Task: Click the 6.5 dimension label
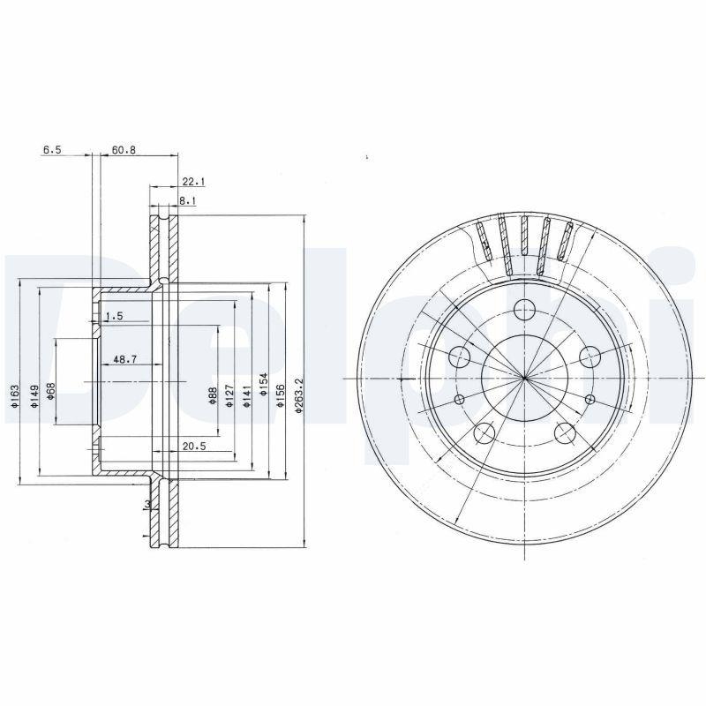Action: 52,150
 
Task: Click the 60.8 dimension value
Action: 124,150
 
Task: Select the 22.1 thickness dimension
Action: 192,182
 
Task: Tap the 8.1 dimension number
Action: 187,201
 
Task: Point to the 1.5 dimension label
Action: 114,316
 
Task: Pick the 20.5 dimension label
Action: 194,447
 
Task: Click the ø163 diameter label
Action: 15,398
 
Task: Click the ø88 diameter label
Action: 214,396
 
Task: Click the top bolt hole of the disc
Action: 525,309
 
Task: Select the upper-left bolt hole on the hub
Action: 460,357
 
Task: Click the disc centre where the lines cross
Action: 525,379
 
